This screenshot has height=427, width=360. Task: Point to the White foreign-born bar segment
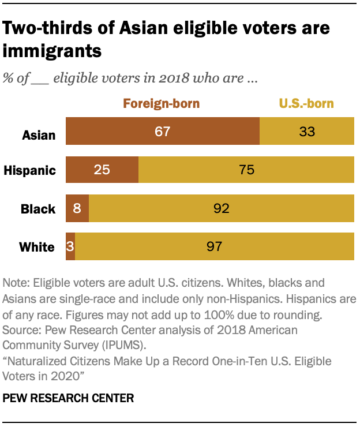tap(70, 247)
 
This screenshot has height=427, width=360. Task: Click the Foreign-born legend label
tap(161, 104)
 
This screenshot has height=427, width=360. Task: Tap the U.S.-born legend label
tap(306, 104)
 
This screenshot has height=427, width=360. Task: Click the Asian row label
tap(39, 136)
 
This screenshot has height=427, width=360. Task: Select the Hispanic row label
tap(30, 170)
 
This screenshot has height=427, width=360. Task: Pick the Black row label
tap(38, 209)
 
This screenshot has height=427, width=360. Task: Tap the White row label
tap(37, 248)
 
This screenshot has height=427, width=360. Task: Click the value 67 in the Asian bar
tap(162, 131)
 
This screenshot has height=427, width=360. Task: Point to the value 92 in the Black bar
tap(221, 208)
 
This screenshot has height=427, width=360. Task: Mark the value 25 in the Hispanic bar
tap(102, 170)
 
